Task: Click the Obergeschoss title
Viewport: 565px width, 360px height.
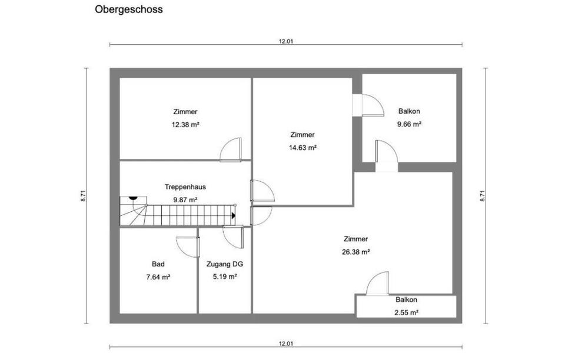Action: point(129,10)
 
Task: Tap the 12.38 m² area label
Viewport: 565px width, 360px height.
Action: point(185,125)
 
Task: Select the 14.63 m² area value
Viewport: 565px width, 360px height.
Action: point(303,148)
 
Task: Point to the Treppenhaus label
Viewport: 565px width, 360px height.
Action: point(185,187)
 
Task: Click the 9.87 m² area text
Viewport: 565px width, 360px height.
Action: point(185,200)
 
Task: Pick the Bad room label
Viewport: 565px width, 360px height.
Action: point(158,265)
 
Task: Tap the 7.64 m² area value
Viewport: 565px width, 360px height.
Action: point(158,277)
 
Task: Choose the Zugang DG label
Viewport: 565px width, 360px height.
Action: point(225,265)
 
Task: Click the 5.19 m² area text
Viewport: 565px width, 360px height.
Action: point(225,277)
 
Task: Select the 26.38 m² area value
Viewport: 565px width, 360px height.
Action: point(356,252)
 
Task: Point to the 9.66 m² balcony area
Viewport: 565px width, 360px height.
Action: point(409,124)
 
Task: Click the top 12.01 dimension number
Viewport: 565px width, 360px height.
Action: point(285,41)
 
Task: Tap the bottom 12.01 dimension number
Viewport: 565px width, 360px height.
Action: point(285,344)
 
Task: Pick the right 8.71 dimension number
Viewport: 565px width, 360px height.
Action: point(483,195)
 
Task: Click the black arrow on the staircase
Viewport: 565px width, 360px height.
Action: point(234,216)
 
